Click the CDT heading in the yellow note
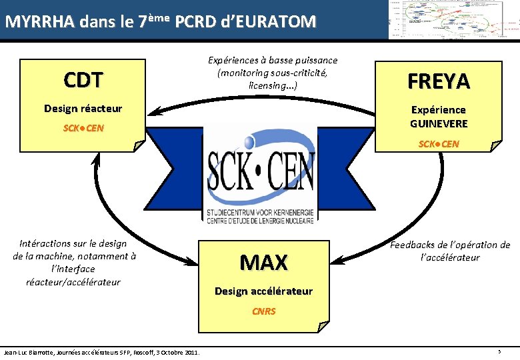[83, 80]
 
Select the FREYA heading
[439, 81]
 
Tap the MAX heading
[263, 262]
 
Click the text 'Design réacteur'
[83, 108]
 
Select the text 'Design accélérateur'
[263, 291]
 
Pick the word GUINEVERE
[439, 124]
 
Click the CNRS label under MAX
[263, 311]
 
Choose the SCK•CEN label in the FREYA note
[439, 144]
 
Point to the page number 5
[499, 351]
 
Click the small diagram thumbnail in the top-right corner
[453, 20]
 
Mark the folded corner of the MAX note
[322, 326]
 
